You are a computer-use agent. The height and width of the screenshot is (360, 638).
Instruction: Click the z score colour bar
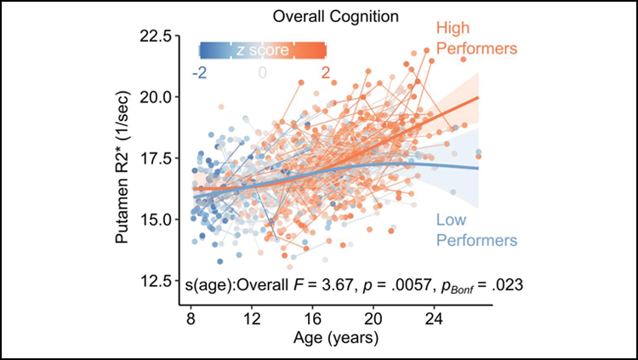click(262, 51)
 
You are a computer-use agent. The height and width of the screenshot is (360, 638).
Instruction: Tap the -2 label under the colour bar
click(200, 73)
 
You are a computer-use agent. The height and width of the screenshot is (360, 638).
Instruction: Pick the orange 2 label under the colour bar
click(325, 73)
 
